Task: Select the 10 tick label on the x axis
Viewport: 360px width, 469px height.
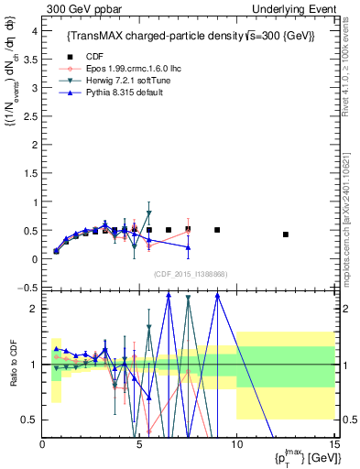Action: click(x=235, y=444)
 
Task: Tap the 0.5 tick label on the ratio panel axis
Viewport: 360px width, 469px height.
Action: click(x=29, y=420)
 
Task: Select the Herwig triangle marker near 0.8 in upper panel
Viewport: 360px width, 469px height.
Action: click(x=148, y=213)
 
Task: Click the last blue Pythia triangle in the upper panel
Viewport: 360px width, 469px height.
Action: click(x=188, y=247)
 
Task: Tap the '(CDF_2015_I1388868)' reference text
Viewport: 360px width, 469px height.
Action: click(x=190, y=274)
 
